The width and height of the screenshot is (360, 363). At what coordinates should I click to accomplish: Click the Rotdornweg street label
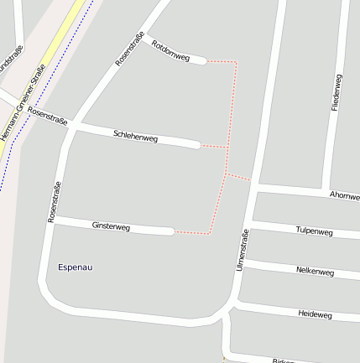tap(171, 50)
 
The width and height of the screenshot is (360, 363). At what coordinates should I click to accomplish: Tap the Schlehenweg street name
tap(135, 136)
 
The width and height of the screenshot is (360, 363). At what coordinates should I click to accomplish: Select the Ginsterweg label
tap(111, 226)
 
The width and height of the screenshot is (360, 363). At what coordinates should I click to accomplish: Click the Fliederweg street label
tap(337, 94)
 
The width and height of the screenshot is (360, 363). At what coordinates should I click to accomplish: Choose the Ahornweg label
tap(344, 195)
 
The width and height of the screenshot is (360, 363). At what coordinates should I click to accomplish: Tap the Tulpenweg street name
tap(315, 231)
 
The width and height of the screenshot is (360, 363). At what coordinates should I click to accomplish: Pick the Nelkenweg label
tap(315, 272)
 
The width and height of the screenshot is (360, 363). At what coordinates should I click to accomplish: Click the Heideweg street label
tap(315, 314)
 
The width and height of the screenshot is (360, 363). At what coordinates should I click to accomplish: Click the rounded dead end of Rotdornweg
tap(202, 60)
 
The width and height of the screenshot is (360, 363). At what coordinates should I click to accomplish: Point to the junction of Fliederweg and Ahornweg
tap(326, 189)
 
